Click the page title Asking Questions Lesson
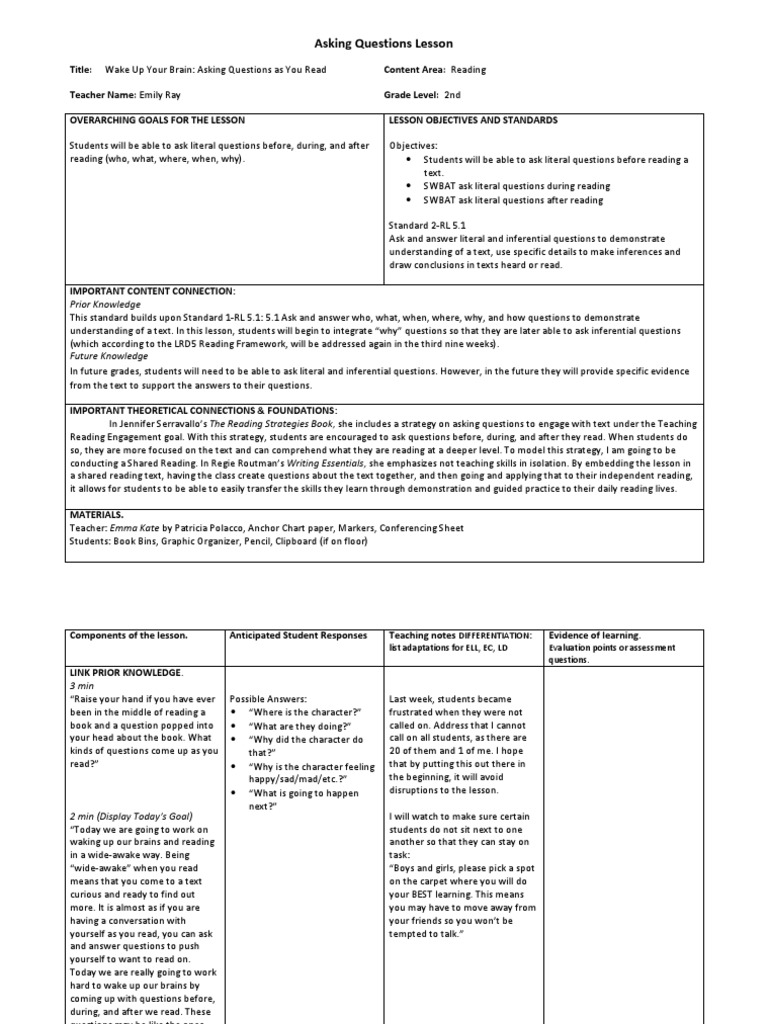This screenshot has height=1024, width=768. tap(384, 44)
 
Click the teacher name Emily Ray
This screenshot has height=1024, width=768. tap(163, 96)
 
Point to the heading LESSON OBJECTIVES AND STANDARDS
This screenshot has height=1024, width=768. tap(473, 120)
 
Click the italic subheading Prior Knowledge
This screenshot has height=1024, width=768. tap(104, 303)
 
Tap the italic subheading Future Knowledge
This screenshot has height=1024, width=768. tap(108, 355)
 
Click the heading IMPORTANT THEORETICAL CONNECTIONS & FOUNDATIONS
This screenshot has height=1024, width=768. tap(203, 410)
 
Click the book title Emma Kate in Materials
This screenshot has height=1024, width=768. tap(144, 529)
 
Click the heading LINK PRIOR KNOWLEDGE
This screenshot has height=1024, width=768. tap(127, 672)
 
